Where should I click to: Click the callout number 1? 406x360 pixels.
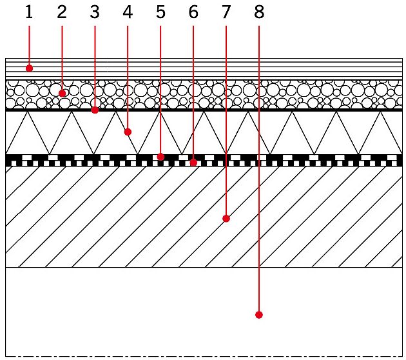29,12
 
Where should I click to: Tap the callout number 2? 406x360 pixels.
62,12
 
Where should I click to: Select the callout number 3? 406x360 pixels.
95,12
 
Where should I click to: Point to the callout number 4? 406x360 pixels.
128,12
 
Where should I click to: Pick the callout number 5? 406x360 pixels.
160,12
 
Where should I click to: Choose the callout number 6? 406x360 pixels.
193,12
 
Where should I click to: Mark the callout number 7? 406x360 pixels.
226,12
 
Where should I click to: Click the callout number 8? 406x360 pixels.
259,12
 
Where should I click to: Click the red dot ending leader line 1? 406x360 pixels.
29,68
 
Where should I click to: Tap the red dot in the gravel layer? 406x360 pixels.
62,94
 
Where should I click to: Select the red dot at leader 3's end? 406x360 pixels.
95,110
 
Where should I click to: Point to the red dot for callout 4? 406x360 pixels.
128,132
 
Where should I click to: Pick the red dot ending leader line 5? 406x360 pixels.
160,157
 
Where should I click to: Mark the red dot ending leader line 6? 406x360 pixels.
193,163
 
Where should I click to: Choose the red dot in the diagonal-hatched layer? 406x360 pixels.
226,219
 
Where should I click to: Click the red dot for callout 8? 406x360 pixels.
259,315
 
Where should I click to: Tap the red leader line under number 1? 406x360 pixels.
29,46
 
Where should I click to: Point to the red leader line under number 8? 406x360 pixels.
259,169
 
